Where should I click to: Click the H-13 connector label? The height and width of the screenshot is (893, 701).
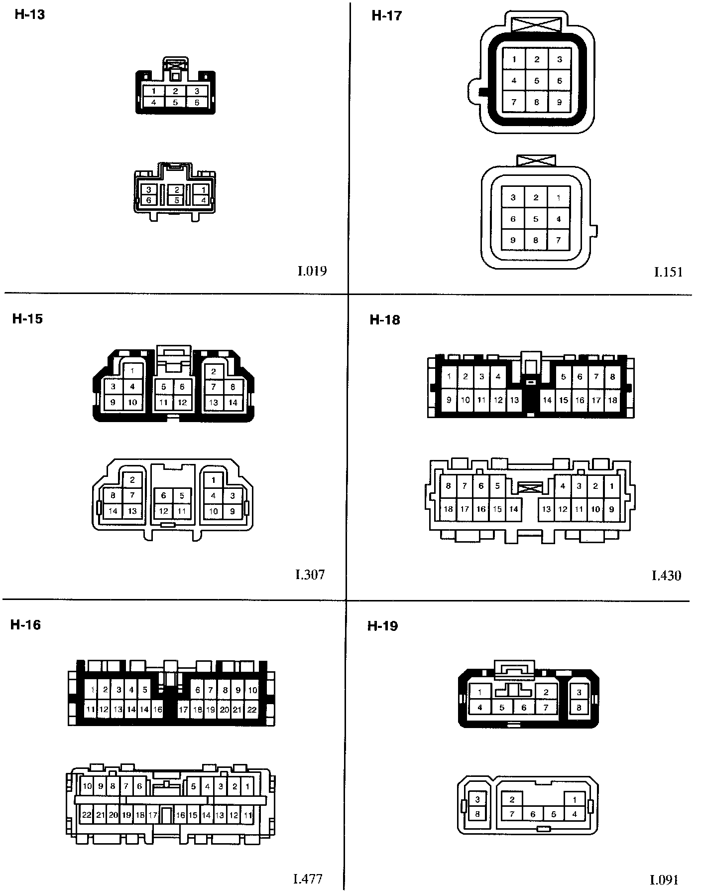coord(29,14)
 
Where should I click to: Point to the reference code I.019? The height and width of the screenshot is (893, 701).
coord(312,271)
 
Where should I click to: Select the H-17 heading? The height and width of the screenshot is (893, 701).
coord(386,15)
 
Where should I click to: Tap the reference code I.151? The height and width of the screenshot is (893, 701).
coord(668,272)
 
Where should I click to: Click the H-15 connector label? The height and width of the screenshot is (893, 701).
coord(27,319)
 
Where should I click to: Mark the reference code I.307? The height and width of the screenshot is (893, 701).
coord(310,575)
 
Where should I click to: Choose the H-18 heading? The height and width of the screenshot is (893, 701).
coord(385,320)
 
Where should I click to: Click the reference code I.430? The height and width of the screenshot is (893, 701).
coord(666,576)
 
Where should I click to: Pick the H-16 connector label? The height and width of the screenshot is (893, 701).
coord(25,625)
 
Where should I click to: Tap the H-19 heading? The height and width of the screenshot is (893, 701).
coord(383,626)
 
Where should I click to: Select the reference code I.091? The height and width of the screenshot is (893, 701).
coord(665,880)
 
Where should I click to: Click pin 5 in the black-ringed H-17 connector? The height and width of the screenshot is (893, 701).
coord(536,81)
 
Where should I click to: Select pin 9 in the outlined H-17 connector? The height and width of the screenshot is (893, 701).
coord(513,240)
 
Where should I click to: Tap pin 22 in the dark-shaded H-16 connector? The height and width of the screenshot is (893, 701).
coord(251,710)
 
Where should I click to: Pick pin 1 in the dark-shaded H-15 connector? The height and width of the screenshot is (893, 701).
coord(132,371)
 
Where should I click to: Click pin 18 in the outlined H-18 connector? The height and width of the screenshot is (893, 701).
coord(449,509)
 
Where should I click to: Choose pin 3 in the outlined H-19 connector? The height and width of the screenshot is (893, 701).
coord(477,800)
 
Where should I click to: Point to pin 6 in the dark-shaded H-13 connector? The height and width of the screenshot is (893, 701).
coord(197,103)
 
